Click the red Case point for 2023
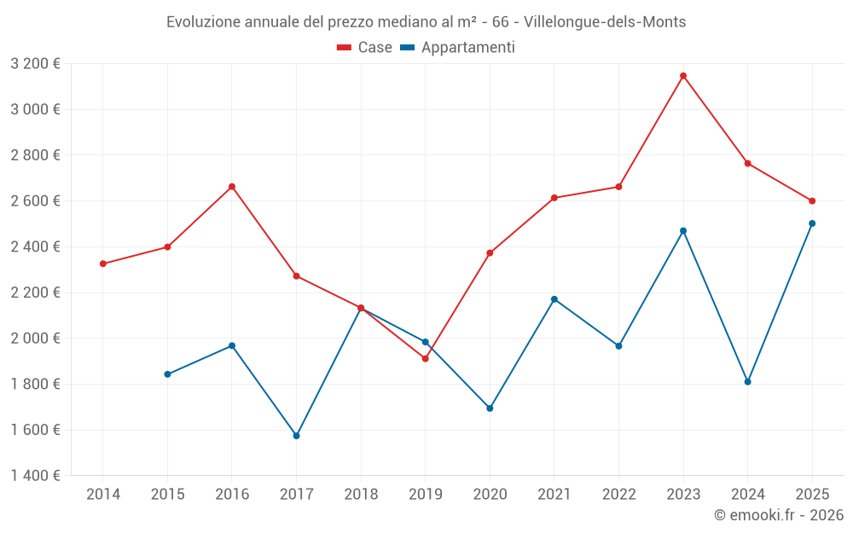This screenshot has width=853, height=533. tap(683, 76)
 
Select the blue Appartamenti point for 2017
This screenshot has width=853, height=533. tap(296, 436)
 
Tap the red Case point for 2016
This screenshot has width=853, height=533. tap(232, 187)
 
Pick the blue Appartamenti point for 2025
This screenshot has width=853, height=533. tap(812, 223)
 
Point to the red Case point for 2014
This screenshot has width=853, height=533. tap(103, 264)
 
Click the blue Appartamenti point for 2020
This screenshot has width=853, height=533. tap(490, 408)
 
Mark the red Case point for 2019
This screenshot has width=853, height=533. tap(425, 358)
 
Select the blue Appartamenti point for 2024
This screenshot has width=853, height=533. tap(747, 382)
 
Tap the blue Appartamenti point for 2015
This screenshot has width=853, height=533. tap(167, 374)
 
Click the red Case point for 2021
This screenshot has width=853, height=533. tap(554, 198)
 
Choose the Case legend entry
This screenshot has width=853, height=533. tap(365, 48)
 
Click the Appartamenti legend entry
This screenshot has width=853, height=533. tap(458, 48)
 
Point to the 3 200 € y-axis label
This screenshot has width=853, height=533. tap(35, 63)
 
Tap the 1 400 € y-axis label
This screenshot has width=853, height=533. tap(35, 475)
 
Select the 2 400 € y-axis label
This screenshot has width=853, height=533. tap(35, 246)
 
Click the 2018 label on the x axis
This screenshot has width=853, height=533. tap(361, 494)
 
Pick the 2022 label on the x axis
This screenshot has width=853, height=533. tap(618, 494)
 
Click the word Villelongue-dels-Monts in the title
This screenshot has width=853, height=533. tap(605, 22)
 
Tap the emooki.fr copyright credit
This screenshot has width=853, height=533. tap(778, 515)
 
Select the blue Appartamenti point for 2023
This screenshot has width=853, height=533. tap(683, 231)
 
